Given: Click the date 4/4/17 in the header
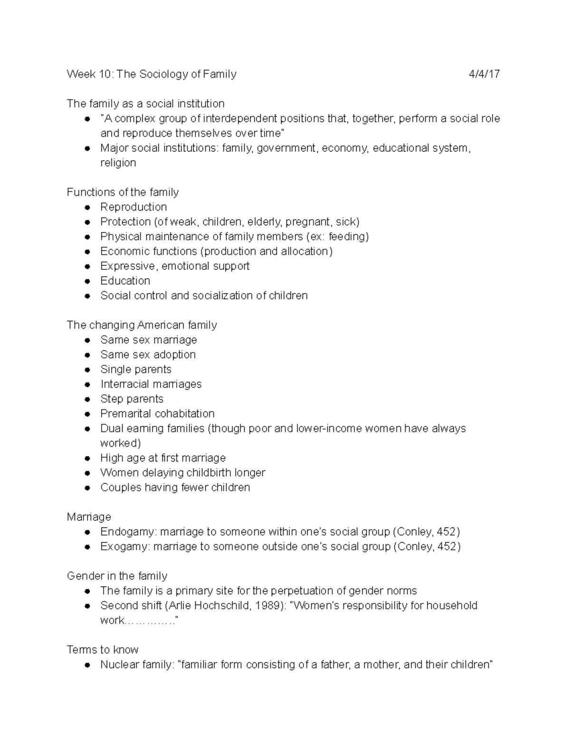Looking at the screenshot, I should [484, 74].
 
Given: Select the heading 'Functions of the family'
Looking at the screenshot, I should [123, 192].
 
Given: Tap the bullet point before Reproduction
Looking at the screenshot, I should [87, 207].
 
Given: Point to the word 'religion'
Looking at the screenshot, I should [118, 163].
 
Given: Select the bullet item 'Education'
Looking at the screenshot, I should [125, 281].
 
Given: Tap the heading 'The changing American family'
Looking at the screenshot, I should [142, 325].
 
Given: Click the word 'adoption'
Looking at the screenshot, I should [174, 355].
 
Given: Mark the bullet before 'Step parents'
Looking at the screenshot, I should [87, 399].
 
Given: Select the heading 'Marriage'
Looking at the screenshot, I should [89, 517].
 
